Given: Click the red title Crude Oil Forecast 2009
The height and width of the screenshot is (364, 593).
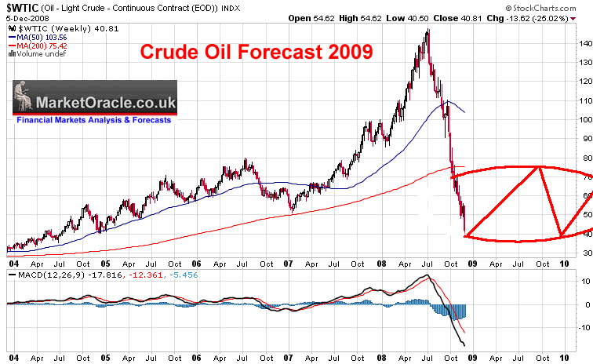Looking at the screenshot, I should click(x=256, y=53).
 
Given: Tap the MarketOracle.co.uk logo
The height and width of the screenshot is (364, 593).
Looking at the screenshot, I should click(x=94, y=100).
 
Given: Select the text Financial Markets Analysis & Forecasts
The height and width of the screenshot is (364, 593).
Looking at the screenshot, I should click(x=94, y=121).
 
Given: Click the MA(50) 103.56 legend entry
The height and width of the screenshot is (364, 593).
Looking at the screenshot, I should click(x=36, y=37).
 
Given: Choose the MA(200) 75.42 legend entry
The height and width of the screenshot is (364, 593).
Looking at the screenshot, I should click(x=36, y=45).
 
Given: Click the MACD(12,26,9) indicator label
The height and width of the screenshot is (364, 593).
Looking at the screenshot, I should click(x=34, y=275).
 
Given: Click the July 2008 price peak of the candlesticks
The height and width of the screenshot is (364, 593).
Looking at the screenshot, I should click(x=427, y=31).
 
